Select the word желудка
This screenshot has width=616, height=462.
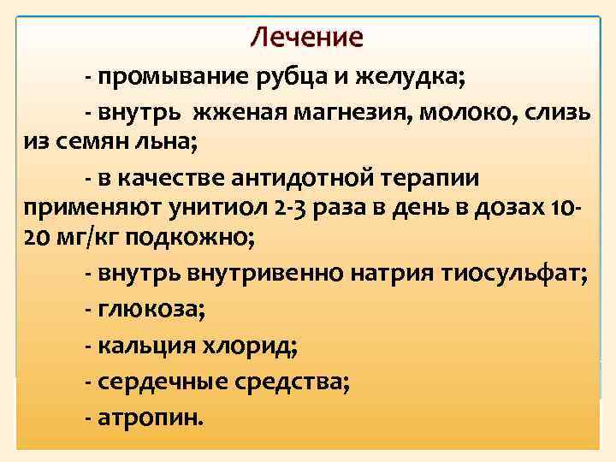[418, 80]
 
